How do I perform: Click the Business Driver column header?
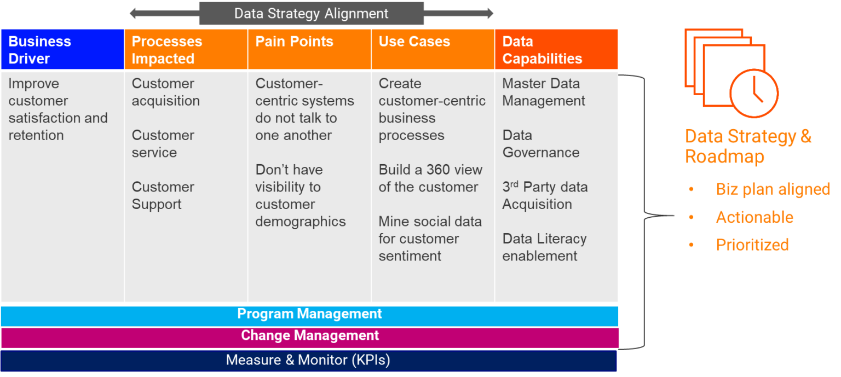[62, 49]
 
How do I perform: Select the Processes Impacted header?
[186, 49]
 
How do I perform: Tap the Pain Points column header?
[309, 49]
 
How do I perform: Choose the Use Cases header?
[433, 49]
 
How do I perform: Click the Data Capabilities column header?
[556, 49]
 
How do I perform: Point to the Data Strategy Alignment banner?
[311, 14]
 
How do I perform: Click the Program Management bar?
[309, 316]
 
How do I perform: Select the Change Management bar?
[309, 338]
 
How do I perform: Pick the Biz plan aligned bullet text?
[773, 189]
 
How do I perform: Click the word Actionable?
[754, 217]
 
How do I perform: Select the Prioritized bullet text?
[752, 245]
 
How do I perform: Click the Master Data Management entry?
[544, 92]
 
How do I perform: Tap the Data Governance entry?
[540, 144]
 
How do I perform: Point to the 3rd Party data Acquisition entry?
[545, 195]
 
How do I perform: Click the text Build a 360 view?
[430, 170]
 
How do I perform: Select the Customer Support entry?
[163, 195]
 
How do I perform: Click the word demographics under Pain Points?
[301, 222]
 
